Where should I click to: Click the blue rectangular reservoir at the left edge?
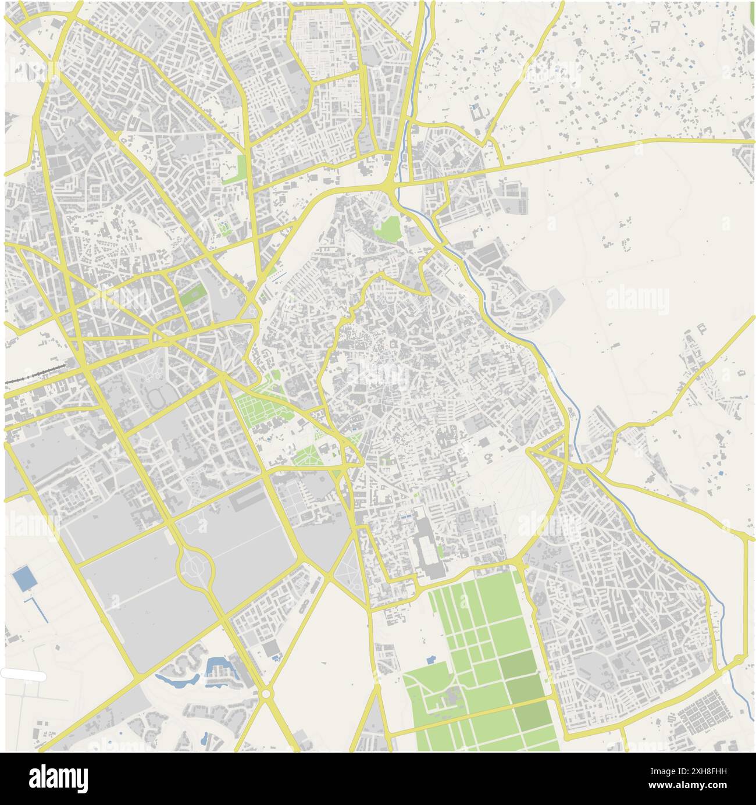[23, 579]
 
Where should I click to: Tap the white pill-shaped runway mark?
[23, 675]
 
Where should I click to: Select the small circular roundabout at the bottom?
[266, 694]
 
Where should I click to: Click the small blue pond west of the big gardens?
[430, 660]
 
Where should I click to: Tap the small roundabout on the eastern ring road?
[738, 659]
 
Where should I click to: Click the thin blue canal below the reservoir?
[38, 608]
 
